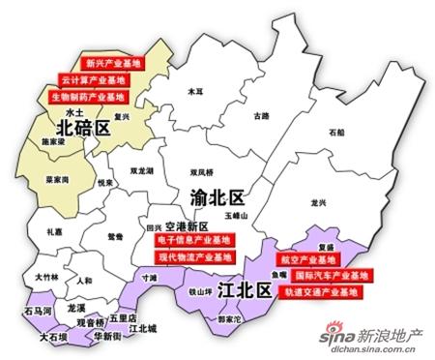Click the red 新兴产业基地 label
point(112,63)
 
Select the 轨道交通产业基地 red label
point(324,291)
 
